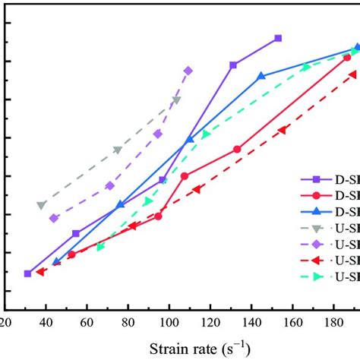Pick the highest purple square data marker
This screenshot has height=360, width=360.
click(278, 38)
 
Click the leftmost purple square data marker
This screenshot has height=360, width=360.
click(28, 273)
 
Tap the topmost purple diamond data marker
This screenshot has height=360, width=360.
click(188, 71)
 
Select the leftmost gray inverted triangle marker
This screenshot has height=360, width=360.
click(41, 205)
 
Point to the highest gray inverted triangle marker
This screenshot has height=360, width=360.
click(177, 100)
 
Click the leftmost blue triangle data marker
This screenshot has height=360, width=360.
click(55, 262)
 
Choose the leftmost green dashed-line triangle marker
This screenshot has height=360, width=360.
click(100, 247)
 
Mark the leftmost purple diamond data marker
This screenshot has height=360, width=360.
click(54, 218)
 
